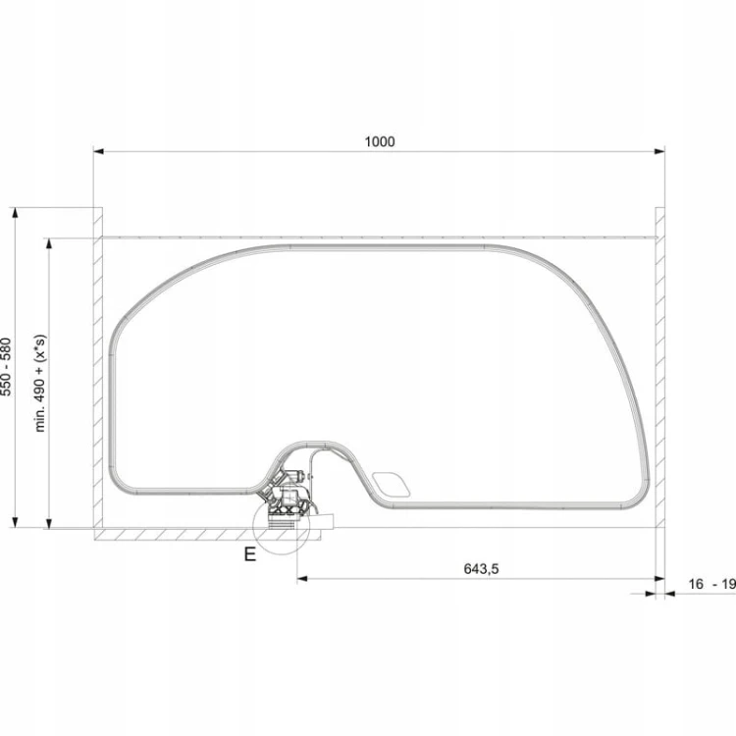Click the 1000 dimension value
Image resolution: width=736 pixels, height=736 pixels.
tap(380, 141)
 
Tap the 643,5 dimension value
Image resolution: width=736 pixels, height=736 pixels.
tap(481, 569)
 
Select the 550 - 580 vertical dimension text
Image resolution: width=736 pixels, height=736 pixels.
tap(6, 367)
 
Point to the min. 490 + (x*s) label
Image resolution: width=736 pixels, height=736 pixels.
tap(40, 383)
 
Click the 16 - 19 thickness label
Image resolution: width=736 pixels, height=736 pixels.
tap(711, 584)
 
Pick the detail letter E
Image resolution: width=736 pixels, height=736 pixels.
tap(249, 554)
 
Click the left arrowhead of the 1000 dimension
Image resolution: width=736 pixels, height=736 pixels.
tap(98, 151)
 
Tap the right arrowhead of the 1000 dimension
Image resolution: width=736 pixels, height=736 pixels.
tap(659, 151)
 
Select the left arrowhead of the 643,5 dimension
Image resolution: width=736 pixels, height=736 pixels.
tap(302, 579)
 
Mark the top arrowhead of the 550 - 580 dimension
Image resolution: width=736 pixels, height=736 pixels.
tap(15, 213)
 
